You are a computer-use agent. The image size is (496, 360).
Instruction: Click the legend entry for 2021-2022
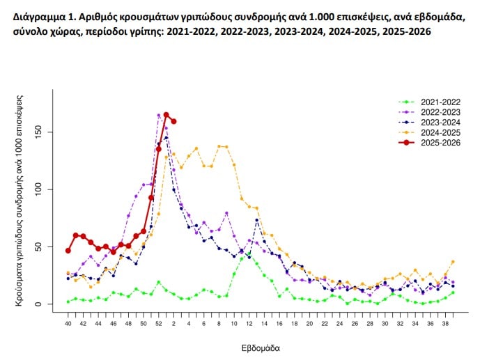(x=440, y=102)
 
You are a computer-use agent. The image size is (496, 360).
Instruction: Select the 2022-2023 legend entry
(x=440, y=112)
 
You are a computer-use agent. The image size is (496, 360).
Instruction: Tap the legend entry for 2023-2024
(x=440, y=123)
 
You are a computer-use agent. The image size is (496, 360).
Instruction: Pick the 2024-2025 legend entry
(x=440, y=132)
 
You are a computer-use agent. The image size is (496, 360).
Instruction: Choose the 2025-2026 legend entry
(x=440, y=143)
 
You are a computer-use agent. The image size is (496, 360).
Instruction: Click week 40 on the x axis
(x=68, y=323)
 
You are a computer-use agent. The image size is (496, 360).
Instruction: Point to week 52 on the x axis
(x=159, y=323)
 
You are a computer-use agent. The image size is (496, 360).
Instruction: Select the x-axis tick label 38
(x=444, y=323)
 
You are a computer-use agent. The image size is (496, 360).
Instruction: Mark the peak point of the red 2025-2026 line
(x=166, y=115)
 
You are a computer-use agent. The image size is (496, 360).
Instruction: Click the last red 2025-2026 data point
(x=173, y=121)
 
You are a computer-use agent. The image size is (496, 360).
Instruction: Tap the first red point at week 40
(x=68, y=251)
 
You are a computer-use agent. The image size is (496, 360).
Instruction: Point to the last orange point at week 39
(x=453, y=262)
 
